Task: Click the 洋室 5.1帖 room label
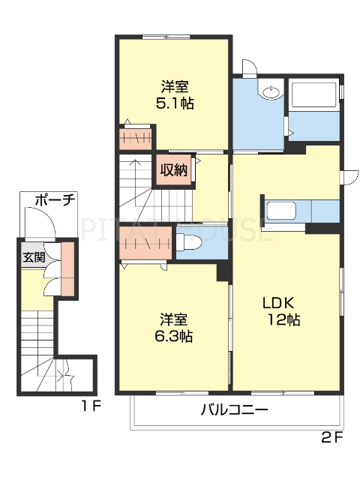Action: tap(175, 94)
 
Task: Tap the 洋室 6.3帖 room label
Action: tap(175, 327)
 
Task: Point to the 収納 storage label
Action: tap(173, 169)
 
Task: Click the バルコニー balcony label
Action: tap(234, 410)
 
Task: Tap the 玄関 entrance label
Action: tap(33, 257)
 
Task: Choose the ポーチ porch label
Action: tap(54, 200)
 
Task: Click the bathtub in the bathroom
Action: tap(315, 95)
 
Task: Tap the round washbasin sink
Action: tap(271, 93)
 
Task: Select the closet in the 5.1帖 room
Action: tap(136, 139)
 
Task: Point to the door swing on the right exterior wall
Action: tap(347, 178)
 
